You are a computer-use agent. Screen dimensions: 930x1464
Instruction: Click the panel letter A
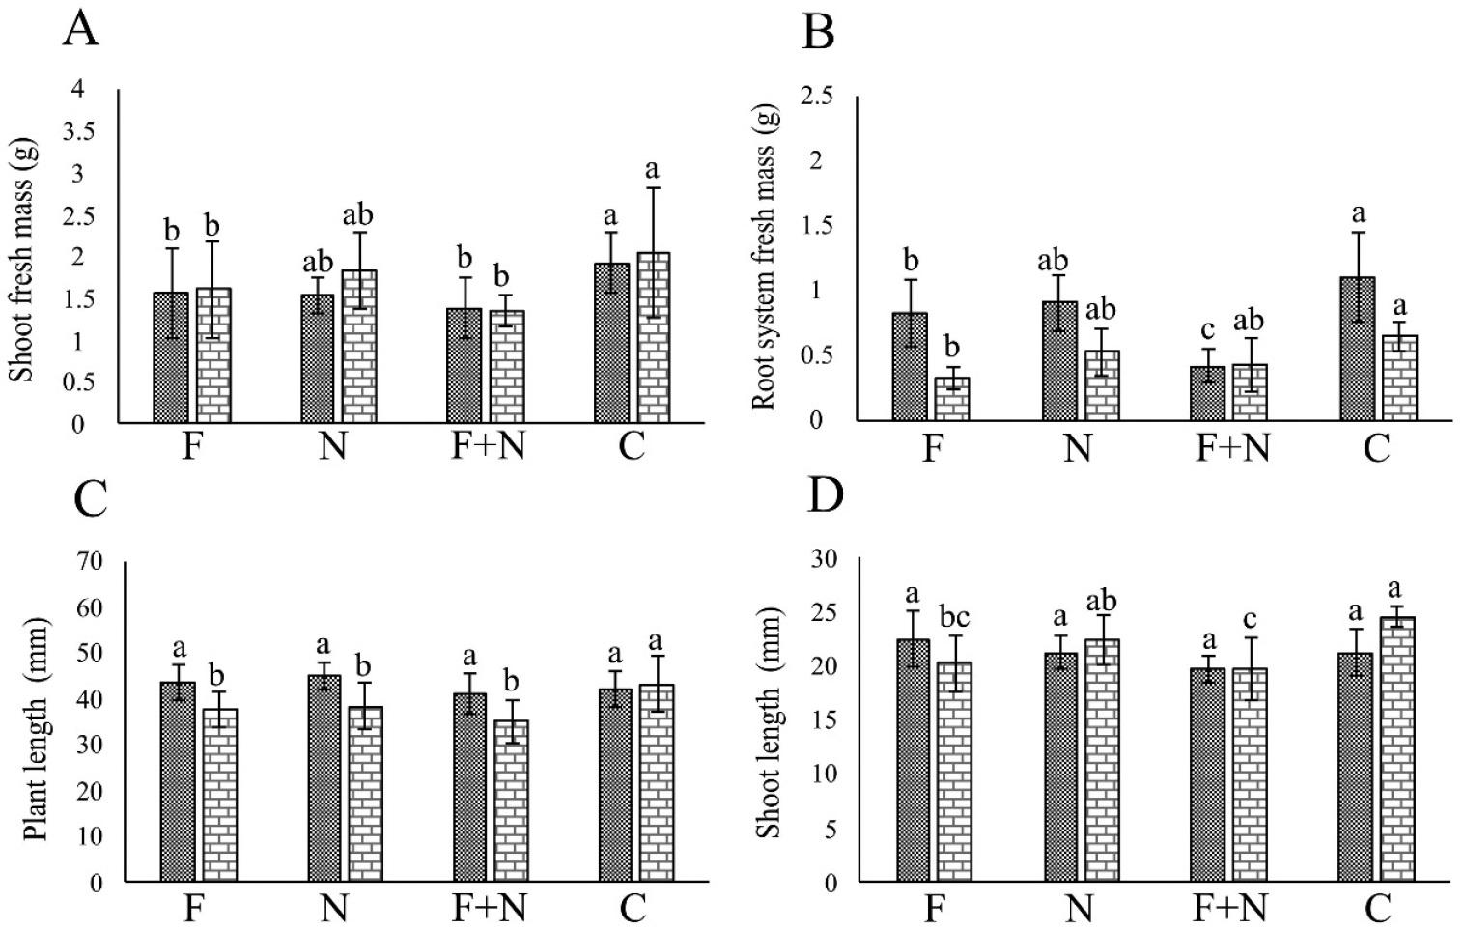click(80, 29)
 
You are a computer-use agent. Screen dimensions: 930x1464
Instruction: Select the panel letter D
click(825, 495)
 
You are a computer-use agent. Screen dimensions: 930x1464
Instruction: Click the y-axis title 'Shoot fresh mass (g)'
click(22, 259)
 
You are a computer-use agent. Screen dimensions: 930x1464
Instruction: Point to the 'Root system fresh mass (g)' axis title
click(763, 259)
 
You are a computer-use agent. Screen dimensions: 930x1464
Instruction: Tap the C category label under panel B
click(1375, 448)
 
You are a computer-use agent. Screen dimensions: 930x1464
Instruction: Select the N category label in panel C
click(332, 909)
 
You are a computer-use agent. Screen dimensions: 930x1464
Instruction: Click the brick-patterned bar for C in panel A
click(654, 338)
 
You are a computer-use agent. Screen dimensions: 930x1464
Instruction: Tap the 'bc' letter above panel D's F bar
click(955, 614)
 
